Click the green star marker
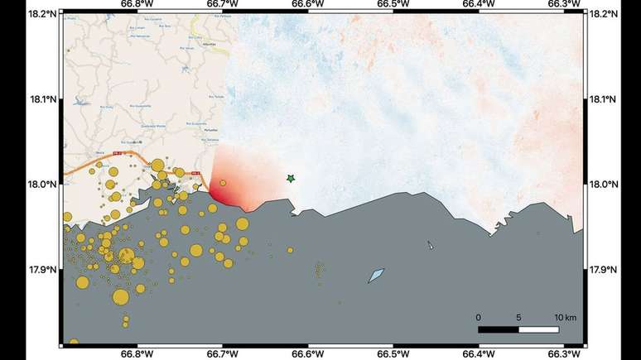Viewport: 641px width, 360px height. [291, 178]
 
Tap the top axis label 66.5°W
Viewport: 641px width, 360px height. [393, 5]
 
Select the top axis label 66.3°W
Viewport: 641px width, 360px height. [564, 5]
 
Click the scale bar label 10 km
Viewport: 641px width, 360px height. [565, 317]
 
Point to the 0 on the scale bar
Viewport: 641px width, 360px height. [478, 317]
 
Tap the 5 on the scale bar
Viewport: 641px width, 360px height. [519, 317]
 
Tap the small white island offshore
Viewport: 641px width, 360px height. [430, 245]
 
